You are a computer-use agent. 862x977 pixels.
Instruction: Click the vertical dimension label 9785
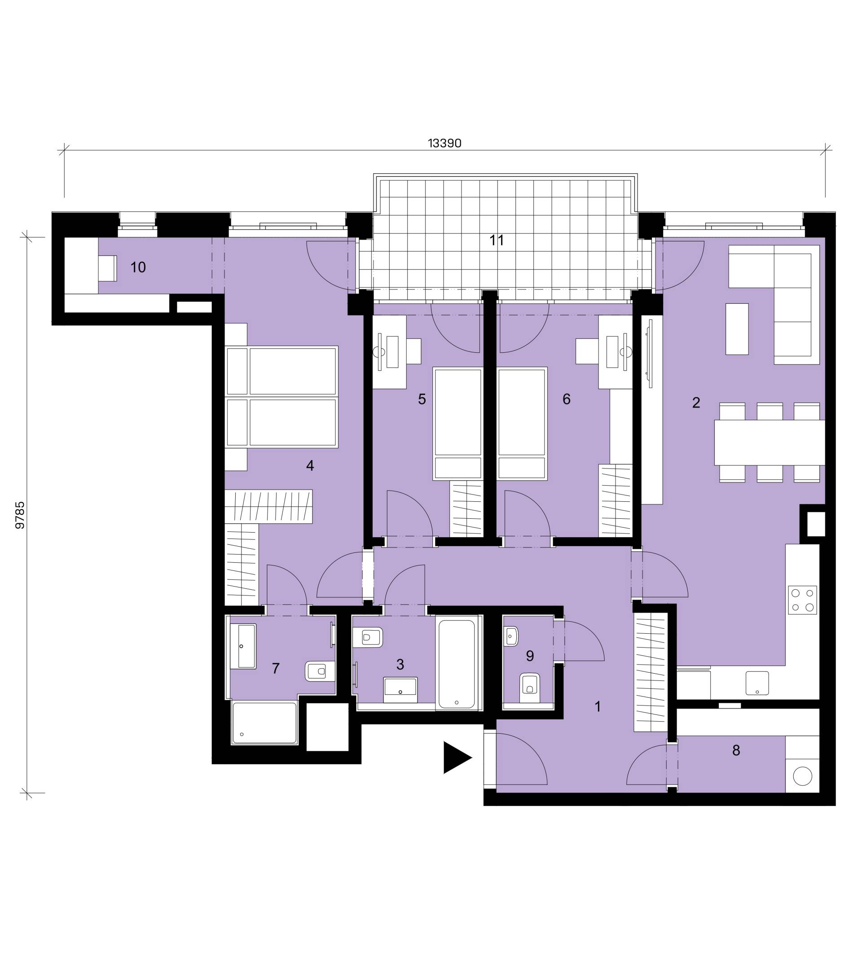coord(20,515)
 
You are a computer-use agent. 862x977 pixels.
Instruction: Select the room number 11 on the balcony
coord(497,240)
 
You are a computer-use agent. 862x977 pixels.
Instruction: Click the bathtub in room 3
coord(457,664)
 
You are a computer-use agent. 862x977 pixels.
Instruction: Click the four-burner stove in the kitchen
coord(802,600)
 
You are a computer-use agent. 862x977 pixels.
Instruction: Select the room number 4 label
coord(310,465)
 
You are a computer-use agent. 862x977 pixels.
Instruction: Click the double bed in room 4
coord(282,397)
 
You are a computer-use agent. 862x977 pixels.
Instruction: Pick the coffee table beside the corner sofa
coord(737,329)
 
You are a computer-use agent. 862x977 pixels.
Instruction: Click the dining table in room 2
coord(769,442)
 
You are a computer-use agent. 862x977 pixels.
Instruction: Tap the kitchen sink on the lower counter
coord(757,683)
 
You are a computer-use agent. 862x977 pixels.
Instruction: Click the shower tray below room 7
coord(264,723)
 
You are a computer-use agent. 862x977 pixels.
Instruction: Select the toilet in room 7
coord(319,671)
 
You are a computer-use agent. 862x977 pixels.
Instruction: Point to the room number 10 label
coord(138,267)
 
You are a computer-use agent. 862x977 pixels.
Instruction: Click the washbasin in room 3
coord(400,690)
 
